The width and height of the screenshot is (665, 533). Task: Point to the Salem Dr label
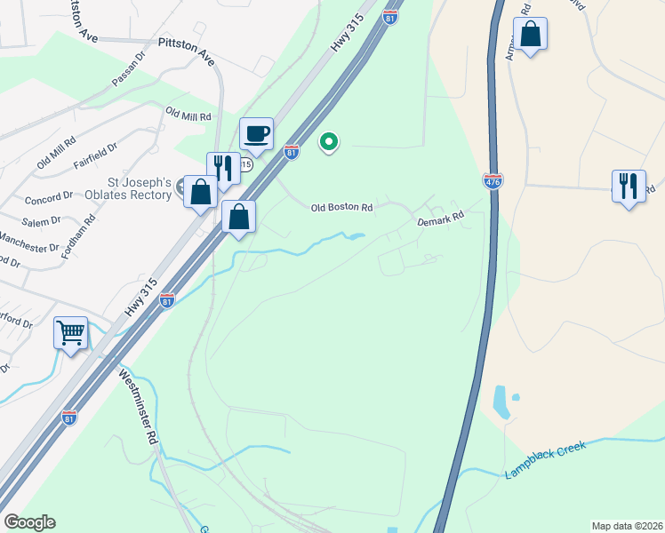(43, 220)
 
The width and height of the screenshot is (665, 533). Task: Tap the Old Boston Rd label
(341, 208)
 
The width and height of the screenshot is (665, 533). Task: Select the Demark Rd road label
(442, 217)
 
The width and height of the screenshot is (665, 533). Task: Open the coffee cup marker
(256, 134)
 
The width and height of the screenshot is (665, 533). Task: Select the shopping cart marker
(70, 333)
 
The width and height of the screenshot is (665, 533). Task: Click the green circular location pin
(329, 141)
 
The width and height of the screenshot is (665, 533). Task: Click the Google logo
(29, 522)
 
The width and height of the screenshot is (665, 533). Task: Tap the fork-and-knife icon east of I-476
(629, 186)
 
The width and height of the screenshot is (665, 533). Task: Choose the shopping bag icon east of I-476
(530, 36)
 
